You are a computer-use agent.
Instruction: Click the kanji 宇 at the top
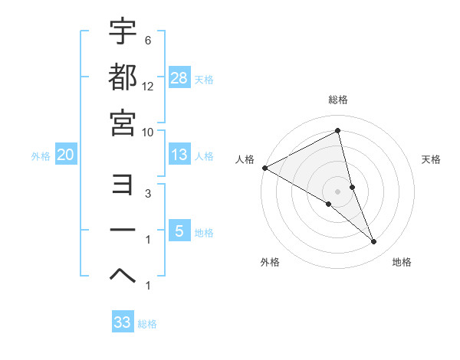tap(123, 32)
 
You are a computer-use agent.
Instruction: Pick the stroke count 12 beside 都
tap(149, 87)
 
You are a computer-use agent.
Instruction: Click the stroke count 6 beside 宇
tap(148, 41)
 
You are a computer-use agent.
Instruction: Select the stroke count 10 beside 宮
tap(149, 132)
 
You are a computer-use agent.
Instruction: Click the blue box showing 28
tap(179, 78)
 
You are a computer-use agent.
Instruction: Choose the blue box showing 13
tap(179, 155)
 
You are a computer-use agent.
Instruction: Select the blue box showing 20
tap(65, 155)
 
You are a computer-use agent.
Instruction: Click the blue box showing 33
tap(123, 322)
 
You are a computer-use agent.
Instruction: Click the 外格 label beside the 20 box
tap(41, 156)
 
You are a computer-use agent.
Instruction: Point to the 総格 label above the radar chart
tap(338, 100)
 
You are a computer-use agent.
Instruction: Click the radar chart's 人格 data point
tap(264, 168)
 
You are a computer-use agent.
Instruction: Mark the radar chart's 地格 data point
tap(374, 242)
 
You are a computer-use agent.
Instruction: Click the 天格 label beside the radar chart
tap(432, 159)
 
